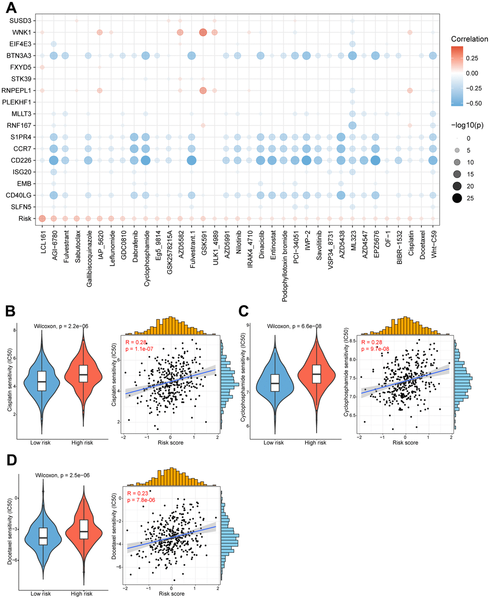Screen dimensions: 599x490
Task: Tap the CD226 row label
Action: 21,160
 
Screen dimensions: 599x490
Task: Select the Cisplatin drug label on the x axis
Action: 410,245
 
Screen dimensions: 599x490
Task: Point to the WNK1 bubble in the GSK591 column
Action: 203,32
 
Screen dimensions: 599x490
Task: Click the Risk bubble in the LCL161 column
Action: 42,218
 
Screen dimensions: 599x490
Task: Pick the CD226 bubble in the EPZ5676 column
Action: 376,160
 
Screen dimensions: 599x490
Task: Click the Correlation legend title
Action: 469,39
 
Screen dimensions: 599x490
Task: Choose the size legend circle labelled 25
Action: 456,198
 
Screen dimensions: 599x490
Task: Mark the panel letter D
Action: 11,460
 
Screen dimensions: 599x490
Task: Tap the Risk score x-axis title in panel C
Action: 405,443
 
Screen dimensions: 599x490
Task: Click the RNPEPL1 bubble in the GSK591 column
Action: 203,90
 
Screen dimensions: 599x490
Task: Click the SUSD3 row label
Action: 21,21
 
